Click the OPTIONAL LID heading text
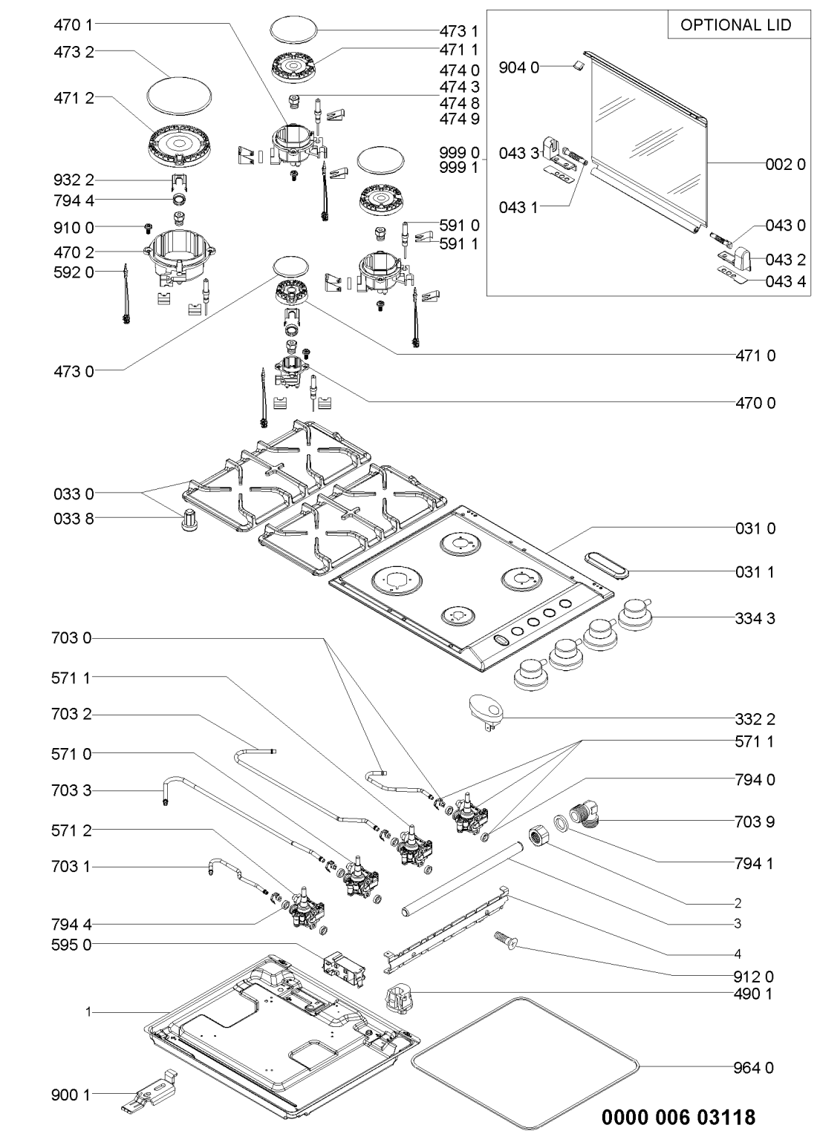click(735, 24)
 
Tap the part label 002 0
click(785, 165)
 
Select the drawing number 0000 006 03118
click(679, 1116)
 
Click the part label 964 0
click(755, 1068)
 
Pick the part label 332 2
click(755, 719)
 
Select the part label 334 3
click(755, 617)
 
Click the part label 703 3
click(73, 791)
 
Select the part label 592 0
click(73, 272)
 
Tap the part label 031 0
click(755, 528)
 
